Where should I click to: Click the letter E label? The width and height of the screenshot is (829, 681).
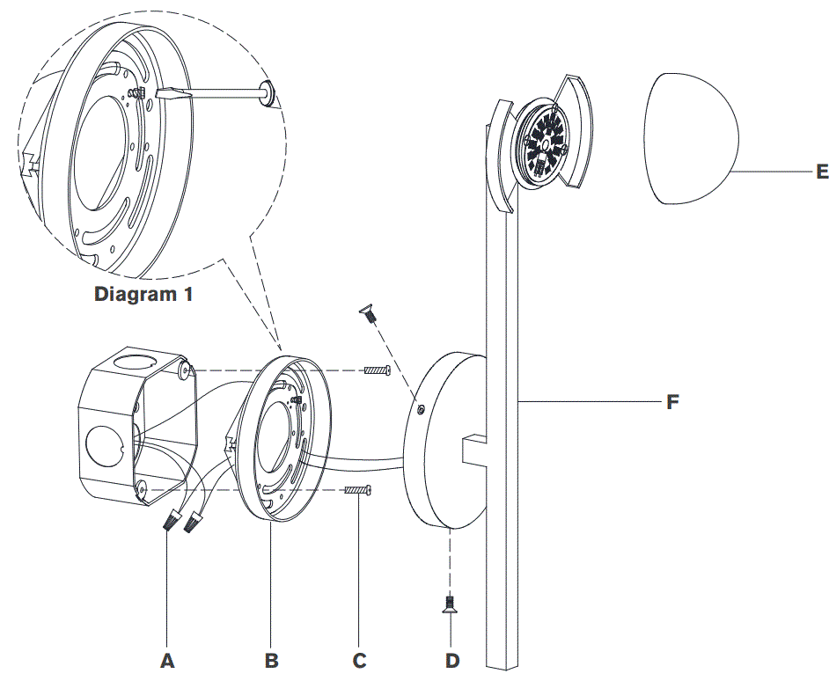tap(822, 172)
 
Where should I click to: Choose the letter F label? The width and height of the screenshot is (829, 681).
tap(672, 403)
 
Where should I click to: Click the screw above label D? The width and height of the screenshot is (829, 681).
tap(451, 604)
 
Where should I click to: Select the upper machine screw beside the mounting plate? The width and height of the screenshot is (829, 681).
tap(377, 370)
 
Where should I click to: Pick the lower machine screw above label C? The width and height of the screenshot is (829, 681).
tap(357, 490)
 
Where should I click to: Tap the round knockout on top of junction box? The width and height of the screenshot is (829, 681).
tap(137, 361)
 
